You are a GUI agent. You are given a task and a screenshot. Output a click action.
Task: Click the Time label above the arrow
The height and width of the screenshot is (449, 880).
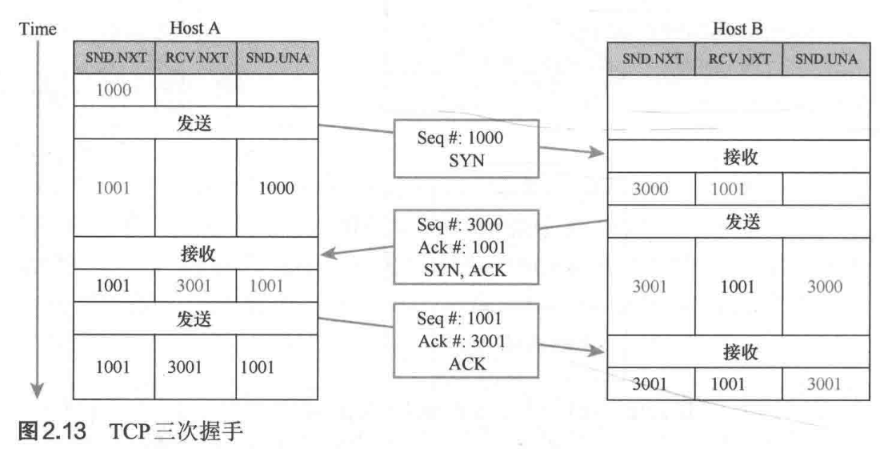point(38,30)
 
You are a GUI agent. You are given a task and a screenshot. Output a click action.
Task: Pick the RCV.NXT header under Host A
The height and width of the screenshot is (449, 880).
point(195,59)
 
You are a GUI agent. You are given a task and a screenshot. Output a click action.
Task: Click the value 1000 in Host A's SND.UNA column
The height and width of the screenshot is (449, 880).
point(276,189)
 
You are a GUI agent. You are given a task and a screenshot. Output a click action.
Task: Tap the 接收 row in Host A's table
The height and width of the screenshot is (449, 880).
point(195,255)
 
